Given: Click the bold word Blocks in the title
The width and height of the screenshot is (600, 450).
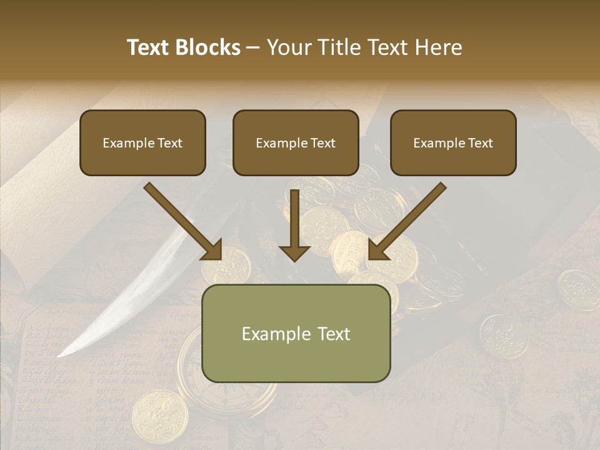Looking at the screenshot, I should point(207,47).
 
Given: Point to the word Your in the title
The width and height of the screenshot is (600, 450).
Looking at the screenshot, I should point(288,47).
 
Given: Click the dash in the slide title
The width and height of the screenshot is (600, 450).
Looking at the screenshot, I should point(253,48).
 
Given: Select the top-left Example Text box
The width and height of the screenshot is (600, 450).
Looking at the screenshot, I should point(142,142).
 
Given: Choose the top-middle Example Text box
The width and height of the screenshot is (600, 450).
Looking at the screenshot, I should point(296,142).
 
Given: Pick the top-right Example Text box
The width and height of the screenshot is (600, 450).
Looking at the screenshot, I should point(453,142).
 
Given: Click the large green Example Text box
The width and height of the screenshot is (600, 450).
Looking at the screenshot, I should point(296,333).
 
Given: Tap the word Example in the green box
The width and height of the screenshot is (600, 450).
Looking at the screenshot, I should point(270,334).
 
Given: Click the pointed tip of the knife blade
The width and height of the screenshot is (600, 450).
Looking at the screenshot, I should point(60,356).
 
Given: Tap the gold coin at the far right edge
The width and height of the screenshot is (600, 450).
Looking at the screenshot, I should point(578,289).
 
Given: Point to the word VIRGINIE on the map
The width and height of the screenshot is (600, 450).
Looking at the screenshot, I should point(409,395).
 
